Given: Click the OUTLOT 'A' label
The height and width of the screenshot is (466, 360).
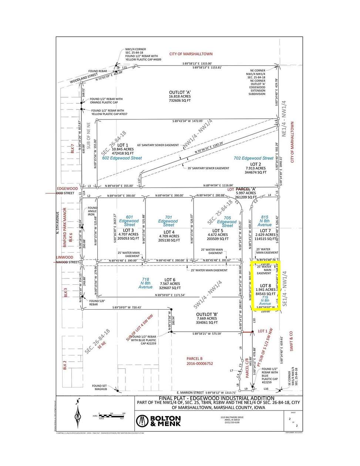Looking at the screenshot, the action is (x=180, y=92).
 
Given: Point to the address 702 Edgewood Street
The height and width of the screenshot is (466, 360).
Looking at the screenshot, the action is (x=253, y=158).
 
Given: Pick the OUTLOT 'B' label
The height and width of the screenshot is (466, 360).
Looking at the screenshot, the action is (x=206, y=314).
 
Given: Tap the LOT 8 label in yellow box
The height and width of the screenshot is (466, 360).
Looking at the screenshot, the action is (x=266, y=286).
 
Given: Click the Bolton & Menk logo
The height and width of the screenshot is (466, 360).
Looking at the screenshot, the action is (x=158, y=421).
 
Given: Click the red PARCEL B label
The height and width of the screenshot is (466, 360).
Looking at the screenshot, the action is (x=194, y=358).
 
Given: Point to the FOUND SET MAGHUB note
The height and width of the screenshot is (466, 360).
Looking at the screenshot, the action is (x=100, y=388).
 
